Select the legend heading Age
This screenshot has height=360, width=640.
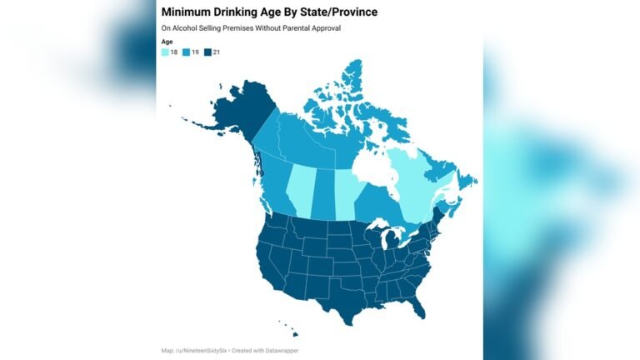click(167, 42)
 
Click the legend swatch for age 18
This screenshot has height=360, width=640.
click(165, 52)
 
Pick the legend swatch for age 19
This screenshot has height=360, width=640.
click(187, 52)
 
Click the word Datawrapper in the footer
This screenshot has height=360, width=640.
click(280, 351)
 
